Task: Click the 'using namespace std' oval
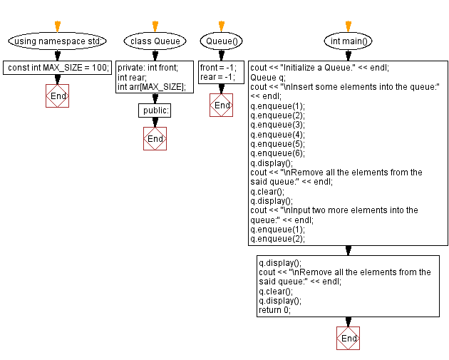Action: [58, 41]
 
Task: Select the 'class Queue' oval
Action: [155, 41]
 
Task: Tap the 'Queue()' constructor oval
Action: [222, 41]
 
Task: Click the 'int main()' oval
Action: [348, 41]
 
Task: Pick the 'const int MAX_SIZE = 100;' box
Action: [58, 68]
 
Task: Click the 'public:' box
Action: [155, 110]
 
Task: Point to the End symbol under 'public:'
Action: [155, 138]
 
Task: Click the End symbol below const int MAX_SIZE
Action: [58, 96]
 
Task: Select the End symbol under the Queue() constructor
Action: [222, 106]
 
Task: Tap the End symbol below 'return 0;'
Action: [348, 338]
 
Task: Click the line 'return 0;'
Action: [275, 310]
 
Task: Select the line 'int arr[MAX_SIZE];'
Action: [151, 87]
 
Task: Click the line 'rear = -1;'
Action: [217, 78]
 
